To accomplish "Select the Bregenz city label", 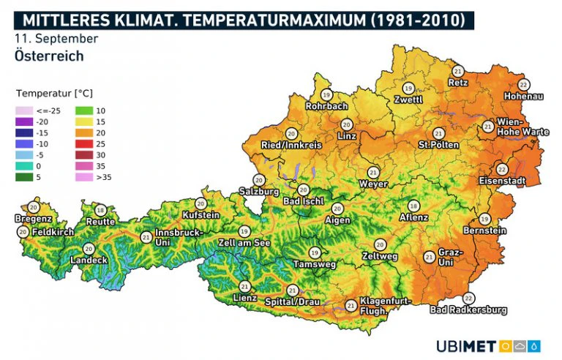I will click(x=33, y=219).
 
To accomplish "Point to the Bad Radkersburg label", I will click(x=468, y=310).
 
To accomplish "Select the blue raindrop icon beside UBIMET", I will click(x=535, y=345).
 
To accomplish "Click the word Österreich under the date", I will click(x=48, y=56).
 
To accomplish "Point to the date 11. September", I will click(x=56, y=37).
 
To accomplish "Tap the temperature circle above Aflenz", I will click(x=413, y=206).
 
